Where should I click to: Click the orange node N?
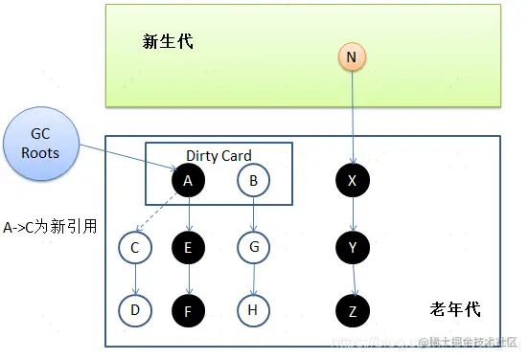tap(352, 57)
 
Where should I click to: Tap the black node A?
tap(188, 180)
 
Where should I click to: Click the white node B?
tap(253, 180)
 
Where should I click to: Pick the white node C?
tap(134, 249)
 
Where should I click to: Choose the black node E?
tap(188, 249)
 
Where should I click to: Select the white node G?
tap(253, 249)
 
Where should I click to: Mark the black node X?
tap(352, 180)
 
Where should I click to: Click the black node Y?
tap(352, 249)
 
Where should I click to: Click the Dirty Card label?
tap(218, 155)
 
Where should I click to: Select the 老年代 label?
tap(455, 309)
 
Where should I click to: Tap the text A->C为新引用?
tap(50, 228)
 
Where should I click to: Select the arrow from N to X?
tap(352, 115)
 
